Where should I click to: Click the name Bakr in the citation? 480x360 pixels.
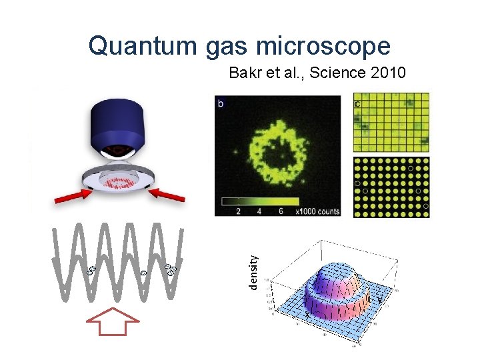pos(245,73)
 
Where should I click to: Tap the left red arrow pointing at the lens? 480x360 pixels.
pos(69,195)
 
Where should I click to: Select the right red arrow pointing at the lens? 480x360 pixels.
pos(167,195)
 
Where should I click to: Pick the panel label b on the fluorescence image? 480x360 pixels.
pos(221,103)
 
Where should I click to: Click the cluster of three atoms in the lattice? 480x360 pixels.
pos(171,269)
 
